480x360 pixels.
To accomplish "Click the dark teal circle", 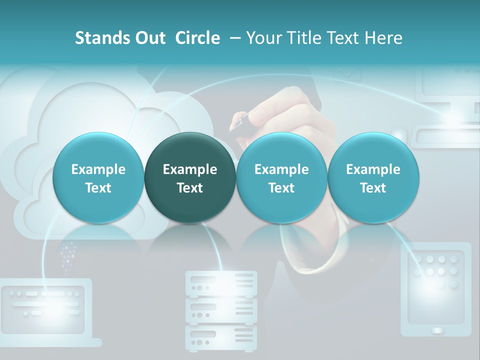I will tap(190, 178).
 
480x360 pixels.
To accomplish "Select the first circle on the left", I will tap(98, 178).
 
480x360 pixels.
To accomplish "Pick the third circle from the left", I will tap(281, 178).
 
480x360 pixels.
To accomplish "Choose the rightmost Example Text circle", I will tap(373, 178).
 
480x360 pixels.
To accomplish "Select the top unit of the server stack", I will tap(221, 282).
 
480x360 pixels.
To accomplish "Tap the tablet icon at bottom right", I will tap(436, 289).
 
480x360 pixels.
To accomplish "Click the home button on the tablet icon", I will tap(437, 330).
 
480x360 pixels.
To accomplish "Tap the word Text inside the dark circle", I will tap(190, 188).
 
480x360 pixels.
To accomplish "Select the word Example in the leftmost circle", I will tap(98, 169).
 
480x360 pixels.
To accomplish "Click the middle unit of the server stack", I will tap(221, 310).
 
